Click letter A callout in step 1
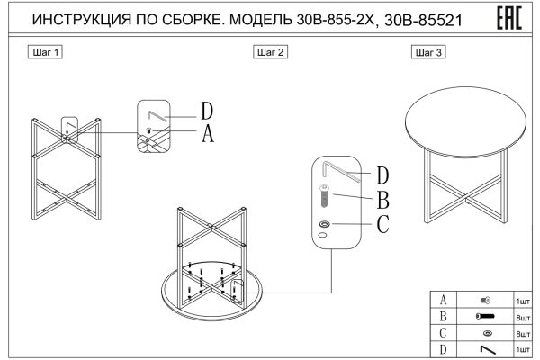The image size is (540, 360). coord(207,134)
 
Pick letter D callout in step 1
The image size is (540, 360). coord(207,112)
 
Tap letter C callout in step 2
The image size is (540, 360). coord(382,224)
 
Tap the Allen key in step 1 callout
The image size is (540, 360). coord(159,115)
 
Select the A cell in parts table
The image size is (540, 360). coord(442,301)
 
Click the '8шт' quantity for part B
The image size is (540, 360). coord(522,317)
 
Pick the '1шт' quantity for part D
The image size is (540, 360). coord(522,348)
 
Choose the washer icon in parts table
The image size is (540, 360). coord(487,333)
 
